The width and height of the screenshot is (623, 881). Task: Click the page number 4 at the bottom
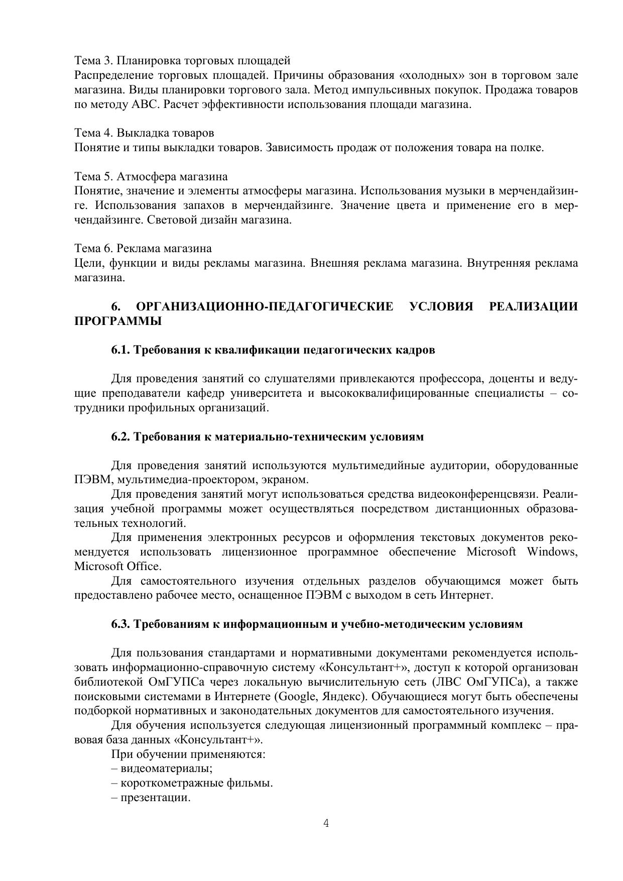(326, 823)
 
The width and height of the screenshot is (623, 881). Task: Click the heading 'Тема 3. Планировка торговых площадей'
(182, 61)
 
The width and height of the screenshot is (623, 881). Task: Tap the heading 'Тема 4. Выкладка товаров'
(144, 133)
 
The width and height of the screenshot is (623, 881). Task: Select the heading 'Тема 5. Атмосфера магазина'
(151, 177)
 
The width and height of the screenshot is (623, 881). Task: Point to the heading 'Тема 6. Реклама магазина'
(143, 249)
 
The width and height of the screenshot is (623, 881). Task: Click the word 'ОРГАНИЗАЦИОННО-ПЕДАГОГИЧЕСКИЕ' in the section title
(265, 307)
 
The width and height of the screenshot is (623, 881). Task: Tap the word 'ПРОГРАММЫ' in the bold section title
(118, 321)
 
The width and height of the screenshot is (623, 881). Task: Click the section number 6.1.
(121, 350)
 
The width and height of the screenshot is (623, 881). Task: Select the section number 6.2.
(121, 437)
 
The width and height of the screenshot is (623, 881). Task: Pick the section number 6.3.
(121, 624)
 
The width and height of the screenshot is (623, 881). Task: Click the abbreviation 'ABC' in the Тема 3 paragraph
(145, 105)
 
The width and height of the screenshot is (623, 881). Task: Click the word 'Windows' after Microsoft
(552, 552)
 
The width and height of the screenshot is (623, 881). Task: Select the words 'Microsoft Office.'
(118, 567)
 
